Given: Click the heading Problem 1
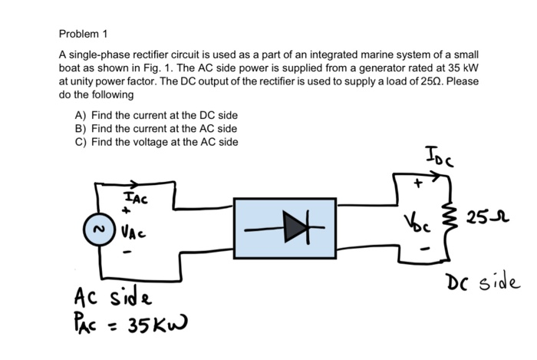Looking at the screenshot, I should tap(84, 34).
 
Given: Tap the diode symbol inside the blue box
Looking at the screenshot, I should tap(285, 228).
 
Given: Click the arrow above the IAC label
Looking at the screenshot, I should tap(130, 184).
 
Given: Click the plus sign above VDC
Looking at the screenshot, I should tap(420, 185).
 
